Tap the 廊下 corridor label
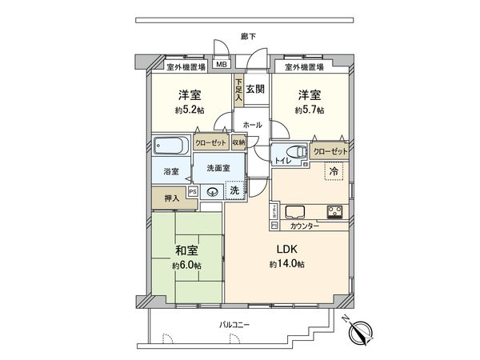click(x=249, y=36)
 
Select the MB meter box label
click(x=221, y=66)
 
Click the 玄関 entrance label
click(x=255, y=89)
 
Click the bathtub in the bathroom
click(x=170, y=146)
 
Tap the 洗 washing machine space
click(x=234, y=190)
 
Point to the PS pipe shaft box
click(x=193, y=191)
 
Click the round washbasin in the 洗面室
click(x=213, y=191)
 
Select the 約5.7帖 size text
click(x=308, y=110)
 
